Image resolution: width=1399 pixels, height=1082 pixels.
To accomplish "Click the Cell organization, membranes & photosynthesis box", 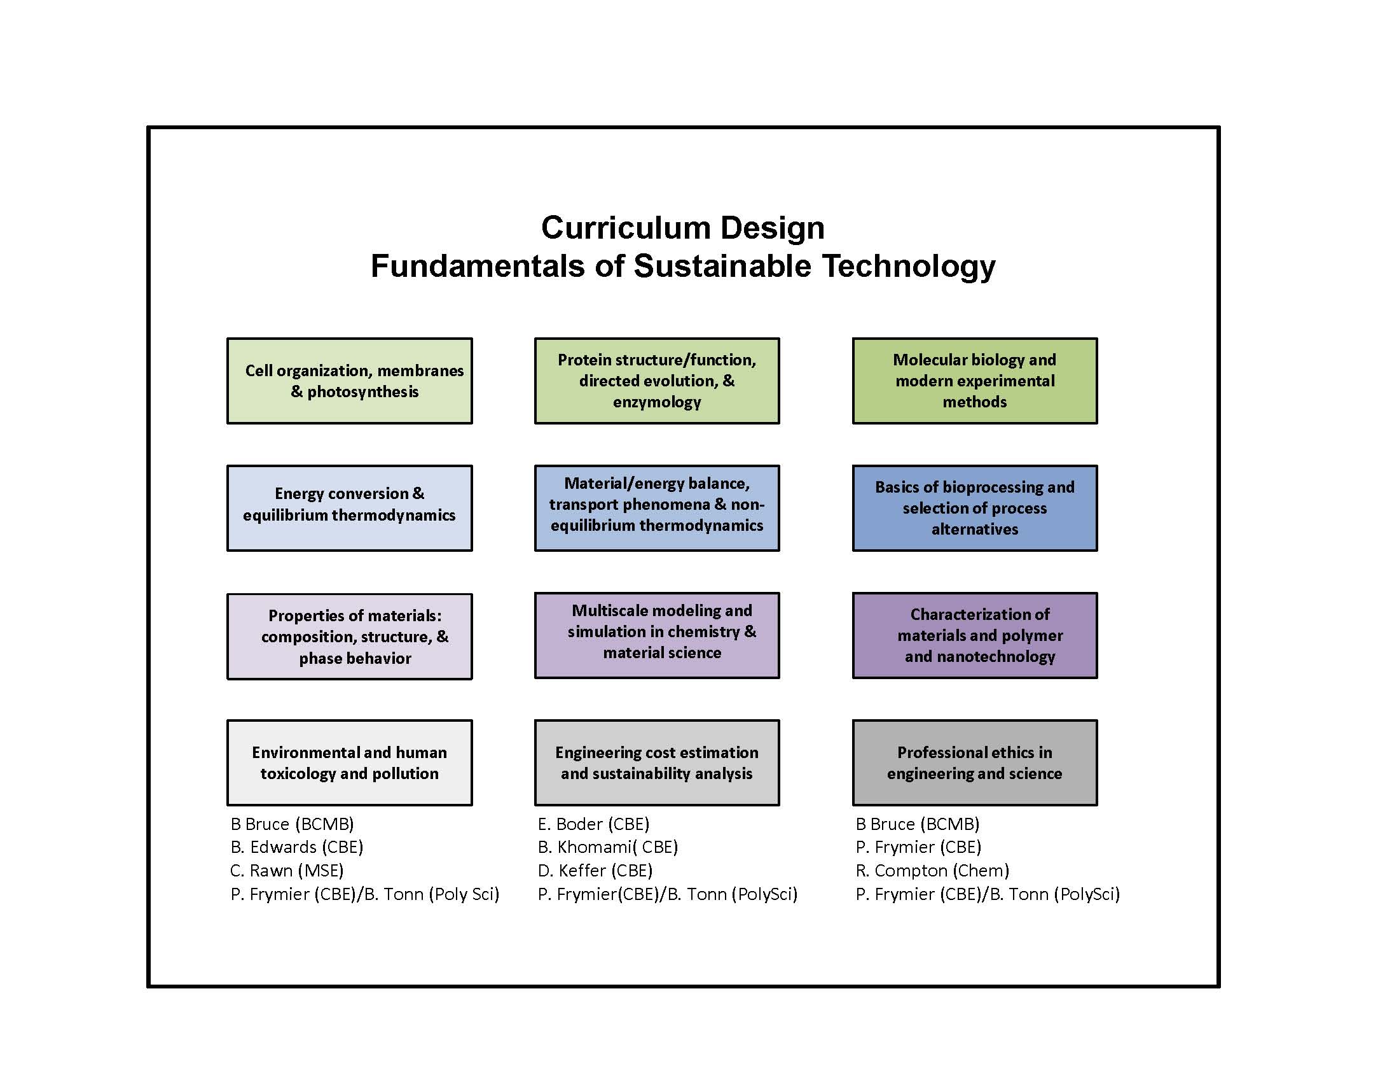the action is point(350,381).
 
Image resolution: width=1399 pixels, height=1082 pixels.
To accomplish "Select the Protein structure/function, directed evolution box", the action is point(658,381).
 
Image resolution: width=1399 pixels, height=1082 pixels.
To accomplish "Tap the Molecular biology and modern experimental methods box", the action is point(975,381).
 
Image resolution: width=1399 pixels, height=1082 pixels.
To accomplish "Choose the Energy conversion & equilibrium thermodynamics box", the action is point(350,509).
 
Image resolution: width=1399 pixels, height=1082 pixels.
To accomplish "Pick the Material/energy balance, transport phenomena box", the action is point(658,509).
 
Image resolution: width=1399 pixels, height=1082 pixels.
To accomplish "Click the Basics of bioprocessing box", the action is point(975,509).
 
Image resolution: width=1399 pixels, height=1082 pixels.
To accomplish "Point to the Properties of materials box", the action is point(350,636).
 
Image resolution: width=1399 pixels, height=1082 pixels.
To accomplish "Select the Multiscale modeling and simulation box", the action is point(658,635).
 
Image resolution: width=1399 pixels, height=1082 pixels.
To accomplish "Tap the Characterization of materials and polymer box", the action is point(975,635).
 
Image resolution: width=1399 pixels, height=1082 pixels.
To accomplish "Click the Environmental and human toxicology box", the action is point(350,762).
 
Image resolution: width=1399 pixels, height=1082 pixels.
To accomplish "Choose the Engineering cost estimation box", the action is point(658,762).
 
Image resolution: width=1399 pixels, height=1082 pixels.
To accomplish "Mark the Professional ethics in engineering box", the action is point(975,762).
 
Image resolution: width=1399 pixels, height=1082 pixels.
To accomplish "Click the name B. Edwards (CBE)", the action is point(297,847).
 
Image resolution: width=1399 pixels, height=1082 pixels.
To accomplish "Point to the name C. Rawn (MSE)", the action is point(287,871).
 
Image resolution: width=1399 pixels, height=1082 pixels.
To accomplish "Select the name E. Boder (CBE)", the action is point(594,824).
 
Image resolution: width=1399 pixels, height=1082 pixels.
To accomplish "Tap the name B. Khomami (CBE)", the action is point(608,847).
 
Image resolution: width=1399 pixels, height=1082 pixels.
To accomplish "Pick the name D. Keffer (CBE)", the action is point(596,871).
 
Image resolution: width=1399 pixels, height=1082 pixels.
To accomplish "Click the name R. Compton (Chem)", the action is point(933,871).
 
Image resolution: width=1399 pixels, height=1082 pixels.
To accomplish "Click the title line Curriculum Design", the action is point(683,228).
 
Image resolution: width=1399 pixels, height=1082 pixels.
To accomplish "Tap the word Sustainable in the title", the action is point(722,265).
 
